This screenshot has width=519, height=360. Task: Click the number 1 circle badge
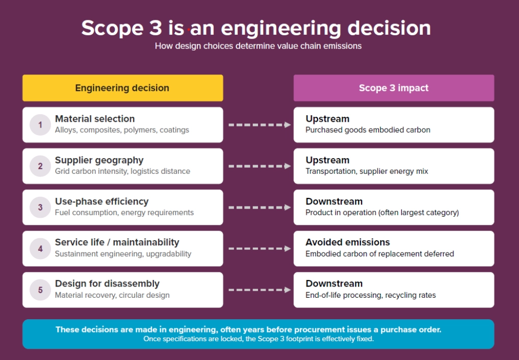coord(40,125)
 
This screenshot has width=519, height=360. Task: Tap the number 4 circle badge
coord(40,249)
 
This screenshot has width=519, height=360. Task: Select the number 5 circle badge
coord(40,290)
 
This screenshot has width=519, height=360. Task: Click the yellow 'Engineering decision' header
coord(122,88)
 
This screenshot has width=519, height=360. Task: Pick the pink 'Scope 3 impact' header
coord(394,88)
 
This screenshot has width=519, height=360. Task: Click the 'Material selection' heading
coord(95,119)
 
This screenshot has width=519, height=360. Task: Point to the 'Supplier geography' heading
coord(99,160)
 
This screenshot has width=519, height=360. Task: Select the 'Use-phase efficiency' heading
coord(102,201)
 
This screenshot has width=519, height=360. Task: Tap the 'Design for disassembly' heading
coord(107,284)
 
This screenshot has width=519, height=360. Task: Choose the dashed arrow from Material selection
coord(259,125)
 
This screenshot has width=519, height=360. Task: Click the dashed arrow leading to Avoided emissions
coord(259,249)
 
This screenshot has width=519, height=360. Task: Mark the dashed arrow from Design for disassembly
coord(259,290)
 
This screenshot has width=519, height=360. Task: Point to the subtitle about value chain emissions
coord(258,46)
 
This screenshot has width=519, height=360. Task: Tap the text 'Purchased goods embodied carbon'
coord(368,130)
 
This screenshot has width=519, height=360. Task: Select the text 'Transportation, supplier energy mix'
coord(367,171)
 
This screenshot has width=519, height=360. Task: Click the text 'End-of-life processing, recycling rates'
coord(371,295)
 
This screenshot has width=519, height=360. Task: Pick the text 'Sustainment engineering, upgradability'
coord(123,254)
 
